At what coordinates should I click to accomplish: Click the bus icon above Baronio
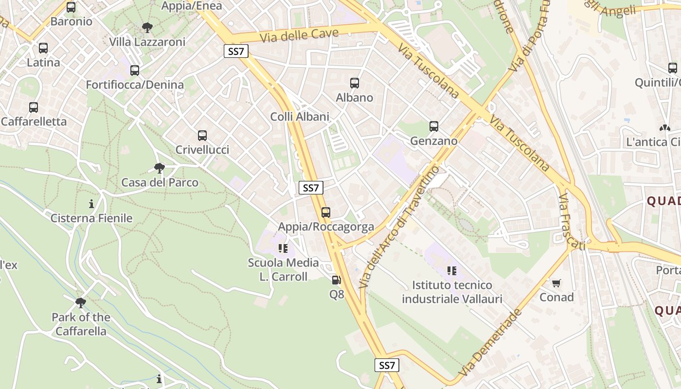pyautogui.click(x=71, y=7)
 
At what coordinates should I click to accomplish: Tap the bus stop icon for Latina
pyautogui.click(x=43, y=48)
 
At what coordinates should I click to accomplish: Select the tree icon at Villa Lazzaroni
pyautogui.click(x=147, y=28)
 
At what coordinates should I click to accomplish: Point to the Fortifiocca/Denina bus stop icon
pyautogui.click(x=135, y=71)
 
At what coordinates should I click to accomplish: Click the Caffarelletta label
pyautogui.click(x=34, y=122)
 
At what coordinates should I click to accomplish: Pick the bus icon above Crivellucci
pyautogui.click(x=202, y=136)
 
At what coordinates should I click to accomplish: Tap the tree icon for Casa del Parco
pyautogui.click(x=159, y=168)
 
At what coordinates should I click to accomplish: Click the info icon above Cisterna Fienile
pyautogui.click(x=91, y=204)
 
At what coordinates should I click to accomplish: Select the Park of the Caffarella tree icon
pyautogui.click(x=81, y=303)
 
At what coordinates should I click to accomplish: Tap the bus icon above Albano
pyautogui.click(x=355, y=83)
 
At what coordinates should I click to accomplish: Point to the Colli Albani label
pyautogui.click(x=300, y=117)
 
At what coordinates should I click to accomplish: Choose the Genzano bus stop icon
pyautogui.click(x=434, y=126)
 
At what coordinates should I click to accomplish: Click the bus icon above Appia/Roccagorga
pyautogui.click(x=326, y=212)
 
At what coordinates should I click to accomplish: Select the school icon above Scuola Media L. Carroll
pyautogui.click(x=283, y=249)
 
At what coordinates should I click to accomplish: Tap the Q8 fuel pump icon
pyautogui.click(x=336, y=280)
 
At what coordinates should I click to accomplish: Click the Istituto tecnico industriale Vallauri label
pyautogui.click(x=452, y=292)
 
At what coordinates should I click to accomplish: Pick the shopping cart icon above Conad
pyautogui.click(x=556, y=283)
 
